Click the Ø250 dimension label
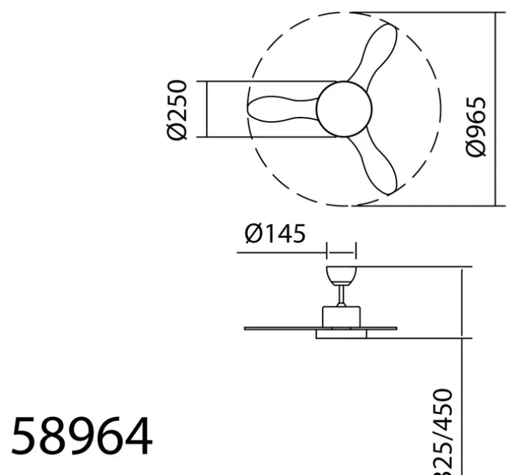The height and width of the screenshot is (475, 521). tap(178, 109)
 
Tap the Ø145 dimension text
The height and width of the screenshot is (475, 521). tap(275, 233)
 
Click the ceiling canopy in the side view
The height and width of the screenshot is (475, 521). tap(342, 273)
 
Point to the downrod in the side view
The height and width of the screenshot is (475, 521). tap(341, 294)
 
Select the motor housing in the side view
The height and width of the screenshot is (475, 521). tap(341, 315)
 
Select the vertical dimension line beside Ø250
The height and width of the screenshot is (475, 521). tap(207, 109)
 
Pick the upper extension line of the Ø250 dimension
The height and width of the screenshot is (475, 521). tap(266, 82)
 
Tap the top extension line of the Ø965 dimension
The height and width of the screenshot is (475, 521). tap(427, 13)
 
